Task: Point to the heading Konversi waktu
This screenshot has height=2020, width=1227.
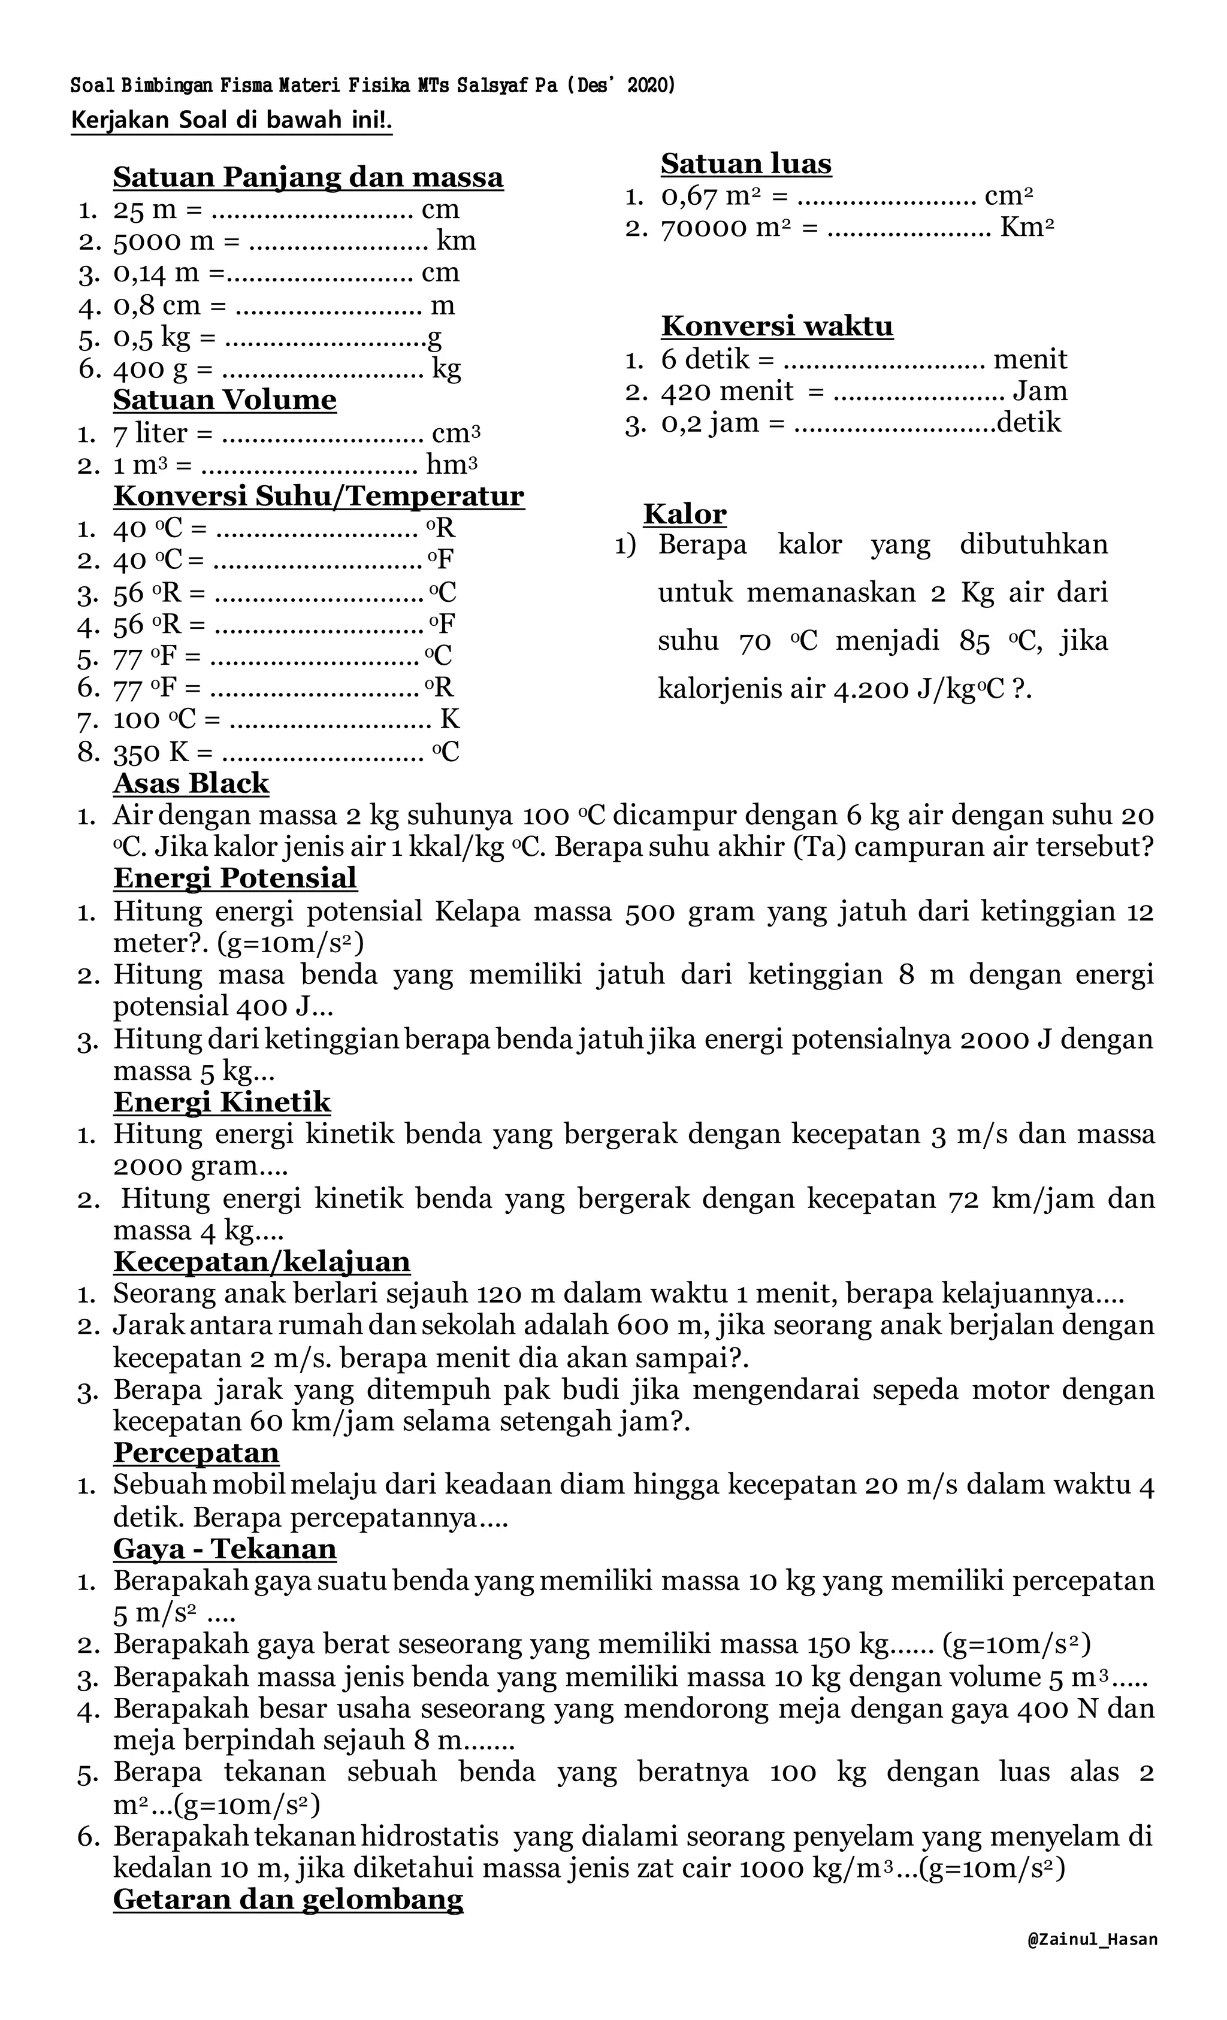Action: [776, 326]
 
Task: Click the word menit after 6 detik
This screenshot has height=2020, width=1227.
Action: [1029, 359]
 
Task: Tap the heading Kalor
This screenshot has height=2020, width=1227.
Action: [684, 514]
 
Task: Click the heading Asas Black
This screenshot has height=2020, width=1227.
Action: [191, 783]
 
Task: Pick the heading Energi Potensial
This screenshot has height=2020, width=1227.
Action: [235, 878]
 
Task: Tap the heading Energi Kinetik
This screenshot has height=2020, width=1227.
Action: [222, 1102]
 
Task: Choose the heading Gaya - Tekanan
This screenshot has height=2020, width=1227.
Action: [225, 1549]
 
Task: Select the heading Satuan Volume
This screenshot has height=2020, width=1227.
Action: [225, 400]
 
